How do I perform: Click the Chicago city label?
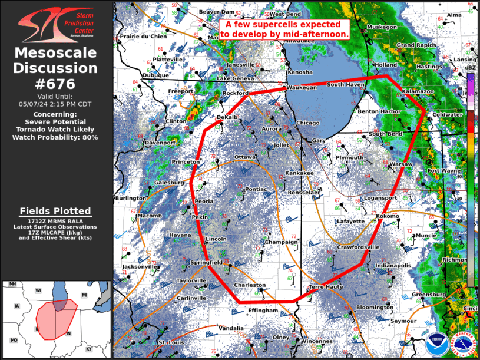pyautogui.click(x=307, y=123)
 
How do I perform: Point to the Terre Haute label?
pyautogui.click(x=326, y=286)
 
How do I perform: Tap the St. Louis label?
pyautogui.click(x=171, y=342)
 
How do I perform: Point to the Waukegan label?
pyautogui.click(x=301, y=87)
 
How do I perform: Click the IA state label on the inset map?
pyautogui.click(x=16, y=306)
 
